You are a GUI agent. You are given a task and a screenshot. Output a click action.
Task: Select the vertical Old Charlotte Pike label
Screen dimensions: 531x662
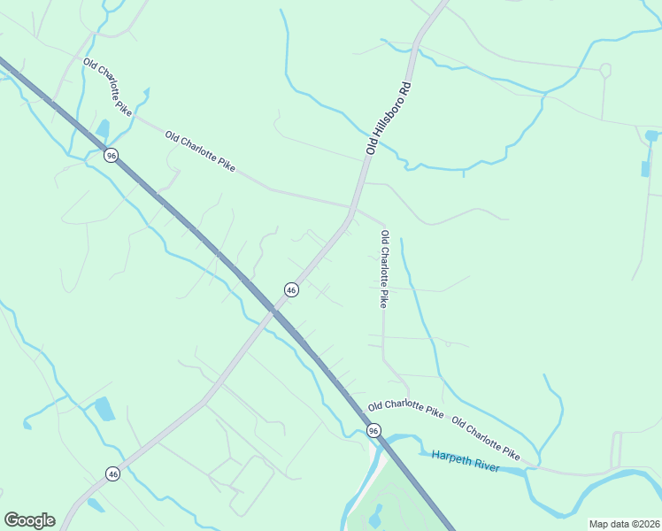pyautogui.click(x=384, y=269)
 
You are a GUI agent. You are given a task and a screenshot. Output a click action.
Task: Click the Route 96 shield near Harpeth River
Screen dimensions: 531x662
pyautogui.click(x=373, y=431)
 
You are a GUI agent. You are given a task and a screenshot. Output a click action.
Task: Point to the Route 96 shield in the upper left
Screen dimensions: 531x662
pyautogui.click(x=111, y=156)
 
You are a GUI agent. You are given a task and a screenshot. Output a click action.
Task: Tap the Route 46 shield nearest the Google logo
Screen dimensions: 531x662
pyautogui.click(x=112, y=474)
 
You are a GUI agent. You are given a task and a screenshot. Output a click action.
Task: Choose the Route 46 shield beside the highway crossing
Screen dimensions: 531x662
pyautogui.click(x=290, y=289)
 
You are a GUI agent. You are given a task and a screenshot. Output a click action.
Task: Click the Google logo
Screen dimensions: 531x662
pyautogui.click(x=29, y=520)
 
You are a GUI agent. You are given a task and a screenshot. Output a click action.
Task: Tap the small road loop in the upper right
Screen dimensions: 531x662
pyautogui.click(x=605, y=69)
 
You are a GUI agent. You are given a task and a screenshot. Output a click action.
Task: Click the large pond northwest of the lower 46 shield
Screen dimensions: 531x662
pyautogui.click(x=104, y=409)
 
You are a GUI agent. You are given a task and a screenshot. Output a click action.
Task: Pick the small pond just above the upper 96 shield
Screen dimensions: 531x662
pyautogui.click(x=103, y=128)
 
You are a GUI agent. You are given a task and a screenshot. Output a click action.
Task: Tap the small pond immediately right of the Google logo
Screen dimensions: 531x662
pyautogui.click(x=94, y=505)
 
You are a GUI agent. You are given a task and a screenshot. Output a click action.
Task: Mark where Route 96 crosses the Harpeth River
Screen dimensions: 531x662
pyautogui.click(x=387, y=443)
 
